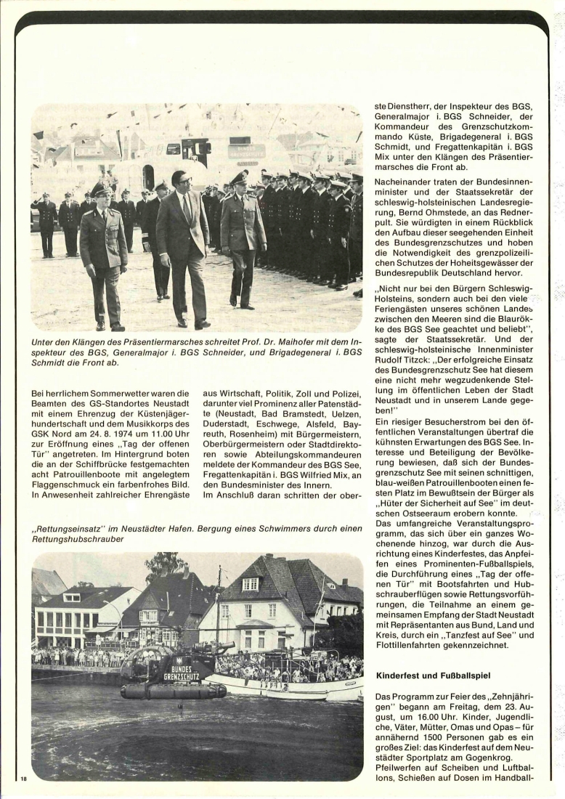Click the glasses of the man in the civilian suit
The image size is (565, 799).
[179, 182]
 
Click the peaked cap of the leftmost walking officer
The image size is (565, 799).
[100, 189]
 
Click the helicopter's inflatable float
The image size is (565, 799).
[173, 690]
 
